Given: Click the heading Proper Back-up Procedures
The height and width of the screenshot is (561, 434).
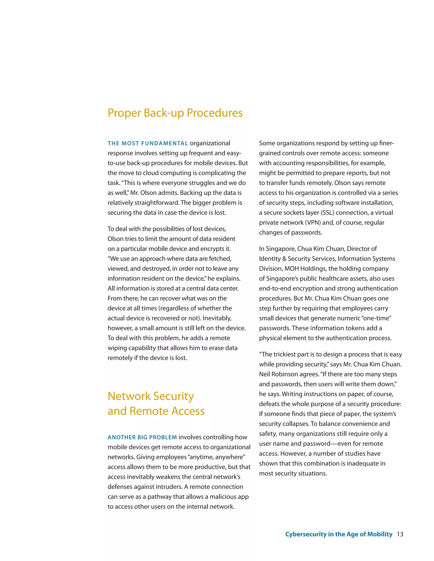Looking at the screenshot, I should (175, 113).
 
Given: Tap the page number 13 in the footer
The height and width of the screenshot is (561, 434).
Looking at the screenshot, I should (400, 534).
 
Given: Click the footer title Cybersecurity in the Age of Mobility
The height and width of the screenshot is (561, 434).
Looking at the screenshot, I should (339, 534).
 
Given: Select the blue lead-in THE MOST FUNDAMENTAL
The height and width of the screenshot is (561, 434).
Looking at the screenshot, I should (148, 143).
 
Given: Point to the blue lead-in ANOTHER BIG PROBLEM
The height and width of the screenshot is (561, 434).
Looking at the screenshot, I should (142, 437).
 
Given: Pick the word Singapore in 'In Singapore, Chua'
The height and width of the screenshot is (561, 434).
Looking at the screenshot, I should (281, 249).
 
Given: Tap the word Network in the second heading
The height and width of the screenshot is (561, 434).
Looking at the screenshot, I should (129, 396).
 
